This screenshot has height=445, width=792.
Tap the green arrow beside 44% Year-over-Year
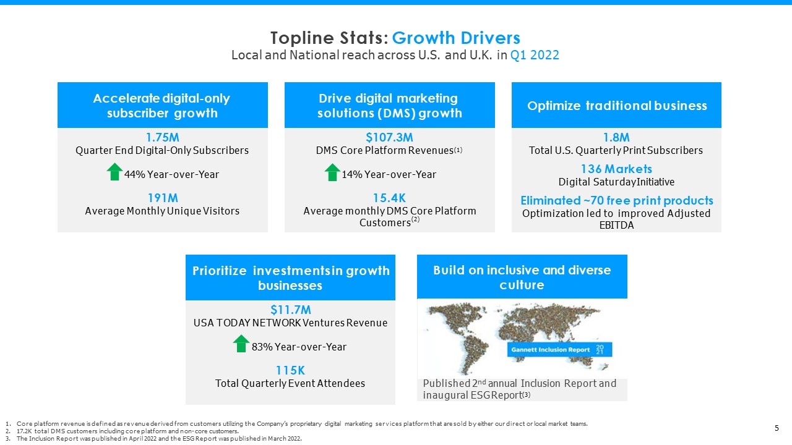pyautogui.click(x=114, y=172)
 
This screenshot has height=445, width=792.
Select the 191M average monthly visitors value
pyautogui.click(x=162, y=198)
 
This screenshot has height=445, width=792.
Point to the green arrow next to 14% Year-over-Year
pyautogui.click(x=332, y=172)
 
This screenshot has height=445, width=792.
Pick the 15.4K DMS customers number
pyautogui.click(x=389, y=198)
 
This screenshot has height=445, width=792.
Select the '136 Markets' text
pyautogui.click(x=616, y=169)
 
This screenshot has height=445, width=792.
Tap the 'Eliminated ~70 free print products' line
pyautogui.click(x=616, y=201)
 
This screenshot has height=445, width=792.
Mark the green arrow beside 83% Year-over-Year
pyautogui.click(x=241, y=344)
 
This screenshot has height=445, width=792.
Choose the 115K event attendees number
pyautogui.click(x=290, y=370)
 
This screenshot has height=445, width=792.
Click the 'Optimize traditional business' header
pyautogui.click(x=616, y=106)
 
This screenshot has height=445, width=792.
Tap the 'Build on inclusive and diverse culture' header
pyautogui.click(x=522, y=278)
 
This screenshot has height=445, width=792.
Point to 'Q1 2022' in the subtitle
pyautogui.click(x=535, y=55)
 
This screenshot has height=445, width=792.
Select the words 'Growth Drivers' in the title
pyautogui.click(x=456, y=38)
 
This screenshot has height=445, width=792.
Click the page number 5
pyautogui.click(x=777, y=428)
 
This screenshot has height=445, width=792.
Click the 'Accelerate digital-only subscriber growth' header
pyautogui.click(x=162, y=106)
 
